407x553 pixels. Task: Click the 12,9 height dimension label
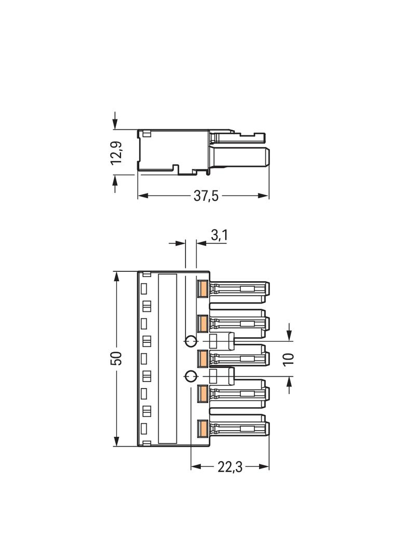click(116, 152)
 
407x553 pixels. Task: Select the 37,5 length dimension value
click(206, 196)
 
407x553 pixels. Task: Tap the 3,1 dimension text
click(219, 235)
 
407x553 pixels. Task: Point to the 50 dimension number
click(117, 358)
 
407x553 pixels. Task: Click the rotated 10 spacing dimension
click(289, 359)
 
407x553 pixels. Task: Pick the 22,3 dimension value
click(230, 467)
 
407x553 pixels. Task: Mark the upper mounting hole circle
click(191, 341)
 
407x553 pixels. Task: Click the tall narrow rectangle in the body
click(167, 358)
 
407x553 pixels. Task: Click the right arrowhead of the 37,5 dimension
click(263, 196)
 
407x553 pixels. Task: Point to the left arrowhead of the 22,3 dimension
click(197, 466)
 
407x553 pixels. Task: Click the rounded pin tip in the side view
click(267, 157)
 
